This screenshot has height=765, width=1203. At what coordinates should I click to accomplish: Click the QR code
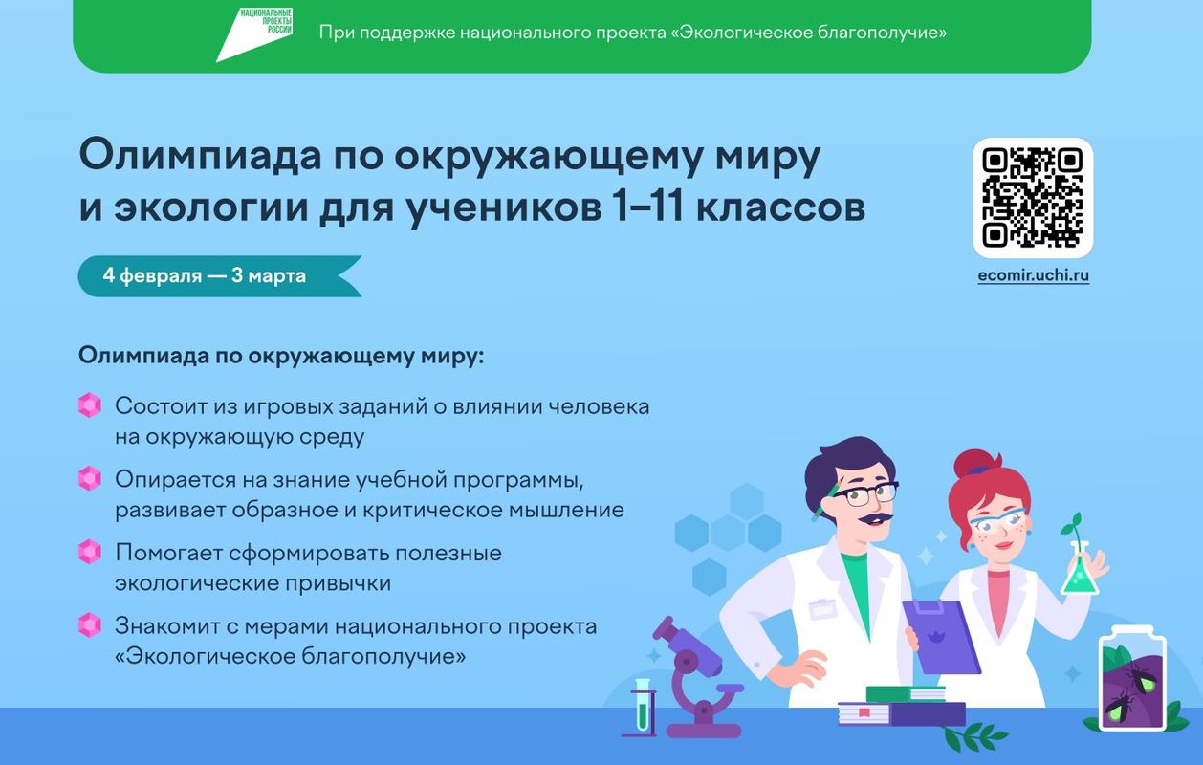coord(1032,198)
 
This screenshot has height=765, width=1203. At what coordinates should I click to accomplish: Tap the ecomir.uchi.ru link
coord(1034,275)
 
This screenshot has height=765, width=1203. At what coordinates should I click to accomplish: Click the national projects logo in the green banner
coord(254,34)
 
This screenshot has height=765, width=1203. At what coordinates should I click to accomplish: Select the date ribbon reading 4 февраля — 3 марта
coord(220,276)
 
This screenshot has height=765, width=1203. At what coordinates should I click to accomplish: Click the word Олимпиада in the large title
coord(201,155)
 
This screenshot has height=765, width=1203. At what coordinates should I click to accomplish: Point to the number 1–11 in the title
coord(647,208)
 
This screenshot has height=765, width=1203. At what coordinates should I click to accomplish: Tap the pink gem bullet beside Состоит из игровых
coord(90,405)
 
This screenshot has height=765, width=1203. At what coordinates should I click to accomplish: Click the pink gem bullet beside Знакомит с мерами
coord(90,625)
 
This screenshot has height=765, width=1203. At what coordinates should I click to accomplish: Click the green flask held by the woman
coord(1080,570)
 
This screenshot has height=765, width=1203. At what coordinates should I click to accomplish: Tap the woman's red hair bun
coord(975,463)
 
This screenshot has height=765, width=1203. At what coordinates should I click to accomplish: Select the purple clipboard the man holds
coord(941,637)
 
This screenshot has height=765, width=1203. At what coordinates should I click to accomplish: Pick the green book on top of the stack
coord(906,693)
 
